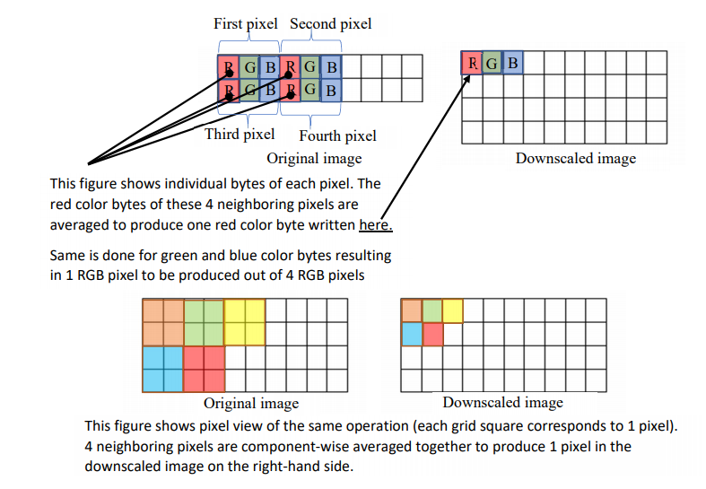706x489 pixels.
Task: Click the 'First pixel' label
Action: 245,24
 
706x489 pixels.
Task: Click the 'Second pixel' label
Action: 330,24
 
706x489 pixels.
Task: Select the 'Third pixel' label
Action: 240,135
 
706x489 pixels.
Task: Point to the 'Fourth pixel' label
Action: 337,136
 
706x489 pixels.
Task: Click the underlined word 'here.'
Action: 375,224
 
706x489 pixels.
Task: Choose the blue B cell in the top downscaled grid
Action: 512,63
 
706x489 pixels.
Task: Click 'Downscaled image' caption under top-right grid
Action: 575,159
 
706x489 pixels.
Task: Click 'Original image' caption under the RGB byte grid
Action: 314,159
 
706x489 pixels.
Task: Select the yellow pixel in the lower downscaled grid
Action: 452,311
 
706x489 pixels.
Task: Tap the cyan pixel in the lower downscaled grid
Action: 411,334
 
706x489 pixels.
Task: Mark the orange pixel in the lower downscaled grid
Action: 411,311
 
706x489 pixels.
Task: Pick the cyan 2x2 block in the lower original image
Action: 162,369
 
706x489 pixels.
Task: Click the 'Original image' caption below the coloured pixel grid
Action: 251,403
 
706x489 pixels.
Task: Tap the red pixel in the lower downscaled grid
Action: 431,334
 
